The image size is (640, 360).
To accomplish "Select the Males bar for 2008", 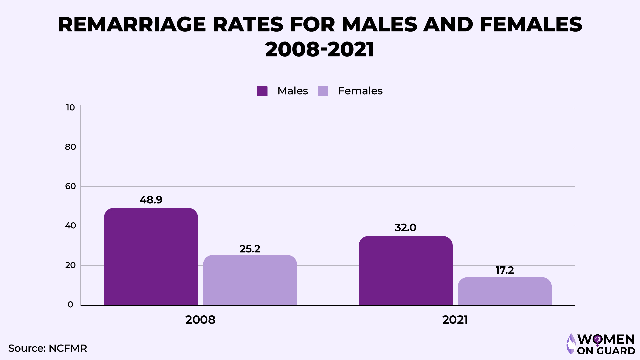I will point(151,257).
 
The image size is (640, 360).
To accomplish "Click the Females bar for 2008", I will point(250,280).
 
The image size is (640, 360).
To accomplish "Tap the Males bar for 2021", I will point(405,271).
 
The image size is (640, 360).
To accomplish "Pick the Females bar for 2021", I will point(504,291).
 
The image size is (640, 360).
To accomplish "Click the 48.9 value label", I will point(151,200).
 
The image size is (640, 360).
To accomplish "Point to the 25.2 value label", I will point(250,249).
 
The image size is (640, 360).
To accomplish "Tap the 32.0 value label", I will point(405,228).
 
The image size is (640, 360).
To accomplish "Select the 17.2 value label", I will point(504,270).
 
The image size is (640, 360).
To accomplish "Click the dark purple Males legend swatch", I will point(262,91).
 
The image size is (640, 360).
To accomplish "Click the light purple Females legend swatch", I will point(323,91).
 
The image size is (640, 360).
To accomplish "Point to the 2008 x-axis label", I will point(200,320).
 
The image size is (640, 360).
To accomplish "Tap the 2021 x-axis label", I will point(455,320).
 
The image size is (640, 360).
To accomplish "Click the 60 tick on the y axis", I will point(70,186).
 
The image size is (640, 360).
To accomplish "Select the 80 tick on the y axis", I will point(70,147).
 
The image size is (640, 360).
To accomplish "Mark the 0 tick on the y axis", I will point(70,305).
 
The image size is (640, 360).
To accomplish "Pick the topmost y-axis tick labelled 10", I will point(70,108).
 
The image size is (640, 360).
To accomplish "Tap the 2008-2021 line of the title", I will point(320,49).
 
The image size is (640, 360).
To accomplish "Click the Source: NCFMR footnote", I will point(47,348).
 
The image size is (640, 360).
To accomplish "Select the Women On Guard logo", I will point(601,344).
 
